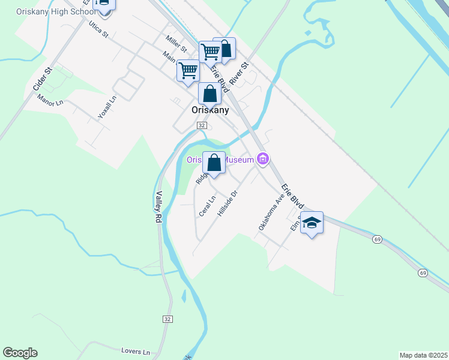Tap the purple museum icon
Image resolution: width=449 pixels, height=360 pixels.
coord(262,159)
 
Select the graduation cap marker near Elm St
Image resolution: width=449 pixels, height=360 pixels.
coord(312,224)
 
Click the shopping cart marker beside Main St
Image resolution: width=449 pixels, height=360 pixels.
coord(188,71)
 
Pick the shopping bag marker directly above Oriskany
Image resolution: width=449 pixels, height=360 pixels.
coord(209,94)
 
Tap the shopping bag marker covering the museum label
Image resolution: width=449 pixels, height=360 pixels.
coord(214,163)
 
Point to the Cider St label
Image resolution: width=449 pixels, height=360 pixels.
coord(44,79)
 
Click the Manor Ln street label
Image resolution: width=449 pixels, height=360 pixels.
coord(50,100)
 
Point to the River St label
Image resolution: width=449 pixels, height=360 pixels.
coord(243,73)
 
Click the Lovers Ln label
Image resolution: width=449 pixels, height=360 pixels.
coord(134,351)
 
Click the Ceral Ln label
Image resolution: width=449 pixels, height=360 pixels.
coord(207,207)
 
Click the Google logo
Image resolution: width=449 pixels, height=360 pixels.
coord(20,353)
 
